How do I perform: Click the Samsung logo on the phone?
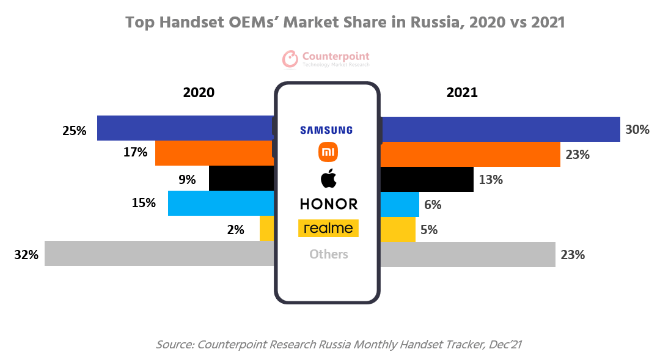tap(326, 130)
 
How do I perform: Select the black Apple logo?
tap(328, 179)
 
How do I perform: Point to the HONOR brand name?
tap(328, 204)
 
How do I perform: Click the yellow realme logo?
tap(328, 228)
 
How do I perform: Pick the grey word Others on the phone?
tap(328, 254)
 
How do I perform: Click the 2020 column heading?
tap(199, 93)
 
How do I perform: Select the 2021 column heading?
tap(462, 93)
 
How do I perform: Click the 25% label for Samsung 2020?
tap(75, 130)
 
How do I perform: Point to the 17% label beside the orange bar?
tap(135, 152)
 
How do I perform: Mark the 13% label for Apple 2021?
tap(491, 180)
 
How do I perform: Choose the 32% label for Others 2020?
tap(26, 255)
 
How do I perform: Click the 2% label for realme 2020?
tap(235, 230)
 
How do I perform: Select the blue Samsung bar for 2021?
tap(501, 129)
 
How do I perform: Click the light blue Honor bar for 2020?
tap(220, 204)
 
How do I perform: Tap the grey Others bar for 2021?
tap(468, 254)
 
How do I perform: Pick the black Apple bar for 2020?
tap(241, 178)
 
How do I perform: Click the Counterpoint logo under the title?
tap(326, 59)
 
